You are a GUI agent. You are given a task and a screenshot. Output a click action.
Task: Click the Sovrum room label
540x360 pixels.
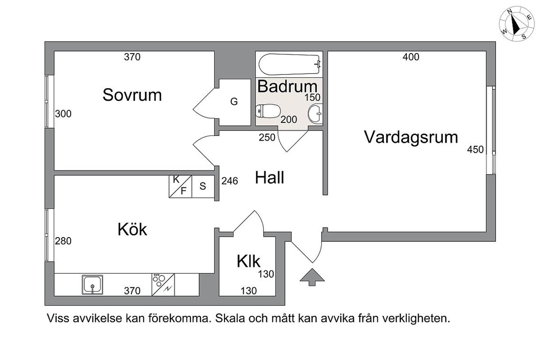coord(132,95)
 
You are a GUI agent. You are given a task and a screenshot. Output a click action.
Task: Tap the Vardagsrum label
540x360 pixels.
coord(411,137)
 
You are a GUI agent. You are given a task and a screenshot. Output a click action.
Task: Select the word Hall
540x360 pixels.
coord(270,178)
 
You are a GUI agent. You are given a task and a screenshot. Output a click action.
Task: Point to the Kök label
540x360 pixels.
coord(133,229)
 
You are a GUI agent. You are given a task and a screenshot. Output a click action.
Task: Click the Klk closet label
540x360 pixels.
coord(248,262)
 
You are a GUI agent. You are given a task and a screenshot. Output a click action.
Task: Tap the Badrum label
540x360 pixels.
coord(287,86)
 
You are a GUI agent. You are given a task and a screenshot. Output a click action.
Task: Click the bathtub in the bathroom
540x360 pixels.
coord(290,64)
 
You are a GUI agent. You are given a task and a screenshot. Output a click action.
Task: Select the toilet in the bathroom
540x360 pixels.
coord(268,111)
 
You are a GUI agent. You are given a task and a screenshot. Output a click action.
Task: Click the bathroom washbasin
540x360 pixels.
coord(315,114)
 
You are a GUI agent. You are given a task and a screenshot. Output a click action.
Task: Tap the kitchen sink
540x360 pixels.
coord(93,285)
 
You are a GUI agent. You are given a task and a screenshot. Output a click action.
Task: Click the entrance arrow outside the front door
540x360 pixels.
coord(312,277)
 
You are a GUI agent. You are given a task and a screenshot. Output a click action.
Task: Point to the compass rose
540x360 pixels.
coord(515,25)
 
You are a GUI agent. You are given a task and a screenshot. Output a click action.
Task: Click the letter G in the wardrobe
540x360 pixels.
coord(234,102)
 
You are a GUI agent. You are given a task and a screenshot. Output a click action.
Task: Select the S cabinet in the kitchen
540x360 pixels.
coord(203,186)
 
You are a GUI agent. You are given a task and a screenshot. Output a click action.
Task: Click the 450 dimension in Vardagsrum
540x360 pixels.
coord(475,150)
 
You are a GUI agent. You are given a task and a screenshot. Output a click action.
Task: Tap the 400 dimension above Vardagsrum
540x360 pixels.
coord(411,57)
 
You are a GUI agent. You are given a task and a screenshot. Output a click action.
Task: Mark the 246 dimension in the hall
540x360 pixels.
coord(230,181)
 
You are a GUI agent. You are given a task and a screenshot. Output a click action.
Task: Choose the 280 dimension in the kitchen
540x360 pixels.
coord(63,241)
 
